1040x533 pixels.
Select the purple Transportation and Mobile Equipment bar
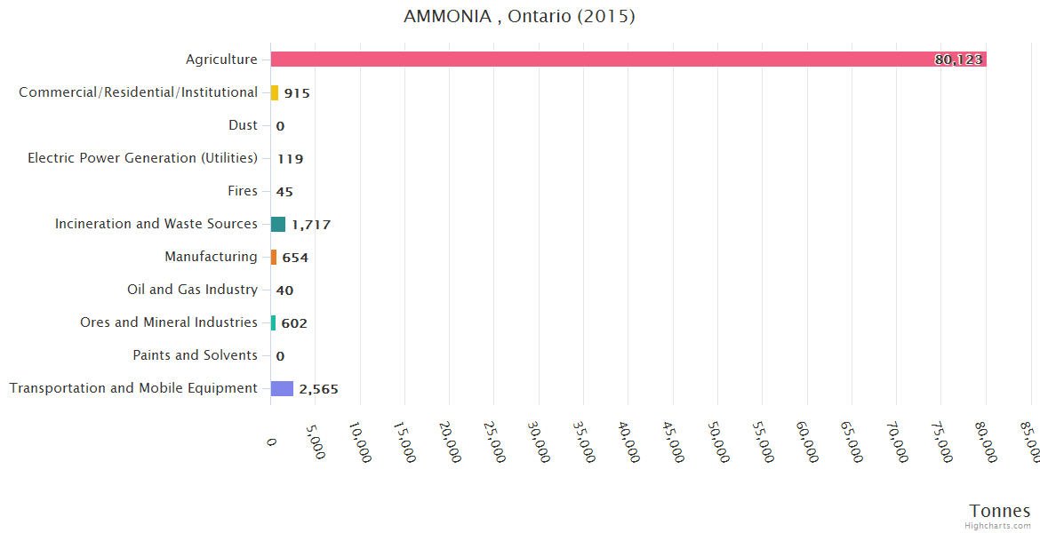click(x=282, y=388)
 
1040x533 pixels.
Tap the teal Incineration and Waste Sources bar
click(x=278, y=224)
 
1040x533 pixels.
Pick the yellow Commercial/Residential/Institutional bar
click(x=275, y=92)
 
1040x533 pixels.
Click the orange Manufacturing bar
click(x=274, y=257)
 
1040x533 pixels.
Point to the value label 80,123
click(x=958, y=60)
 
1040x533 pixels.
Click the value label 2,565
click(x=318, y=389)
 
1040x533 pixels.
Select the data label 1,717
click(x=311, y=225)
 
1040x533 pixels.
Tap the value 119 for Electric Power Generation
click(x=290, y=159)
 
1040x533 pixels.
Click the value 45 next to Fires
click(x=284, y=192)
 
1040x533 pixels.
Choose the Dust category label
click(x=243, y=125)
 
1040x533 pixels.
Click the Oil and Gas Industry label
click(x=193, y=290)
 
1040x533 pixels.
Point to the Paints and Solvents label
click(x=196, y=355)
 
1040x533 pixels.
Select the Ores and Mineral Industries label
click(x=169, y=322)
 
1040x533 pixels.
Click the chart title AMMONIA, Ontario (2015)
click(x=519, y=17)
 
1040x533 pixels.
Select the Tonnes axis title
click(x=1000, y=511)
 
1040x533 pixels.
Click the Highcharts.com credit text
click(x=999, y=526)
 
